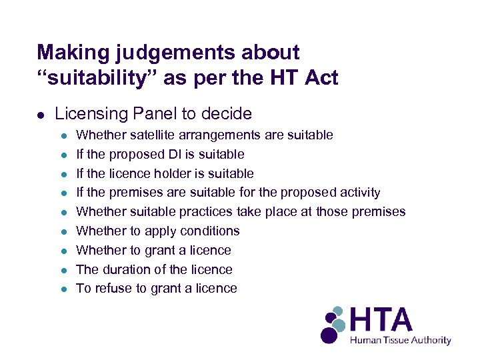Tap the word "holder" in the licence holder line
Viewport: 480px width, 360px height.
(172, 173)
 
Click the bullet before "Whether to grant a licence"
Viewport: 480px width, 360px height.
(64, 251)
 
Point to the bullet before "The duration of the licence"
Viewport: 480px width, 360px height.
(64, 270)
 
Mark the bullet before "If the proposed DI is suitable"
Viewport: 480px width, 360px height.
(64, 155)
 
